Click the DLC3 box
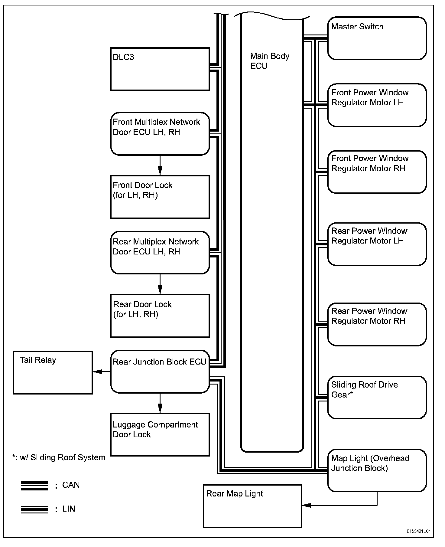point(160,69)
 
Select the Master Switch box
point(377,38)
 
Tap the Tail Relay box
point(53,372)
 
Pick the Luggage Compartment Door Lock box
point(160,434)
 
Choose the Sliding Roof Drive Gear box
point(377,397)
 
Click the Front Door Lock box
point(160,197)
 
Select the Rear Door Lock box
point(160,316)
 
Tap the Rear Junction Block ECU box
point(160,372)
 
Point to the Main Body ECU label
point(270,61)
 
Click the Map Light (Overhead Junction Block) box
point(377,470)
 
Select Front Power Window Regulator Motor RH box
point(377,172)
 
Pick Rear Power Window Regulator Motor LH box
point(377,244)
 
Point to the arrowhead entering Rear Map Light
point(306,505)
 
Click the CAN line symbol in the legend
point(34,486)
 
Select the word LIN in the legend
point(69,509)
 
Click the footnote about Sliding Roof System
point(59,457)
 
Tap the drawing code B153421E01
point(418,531)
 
